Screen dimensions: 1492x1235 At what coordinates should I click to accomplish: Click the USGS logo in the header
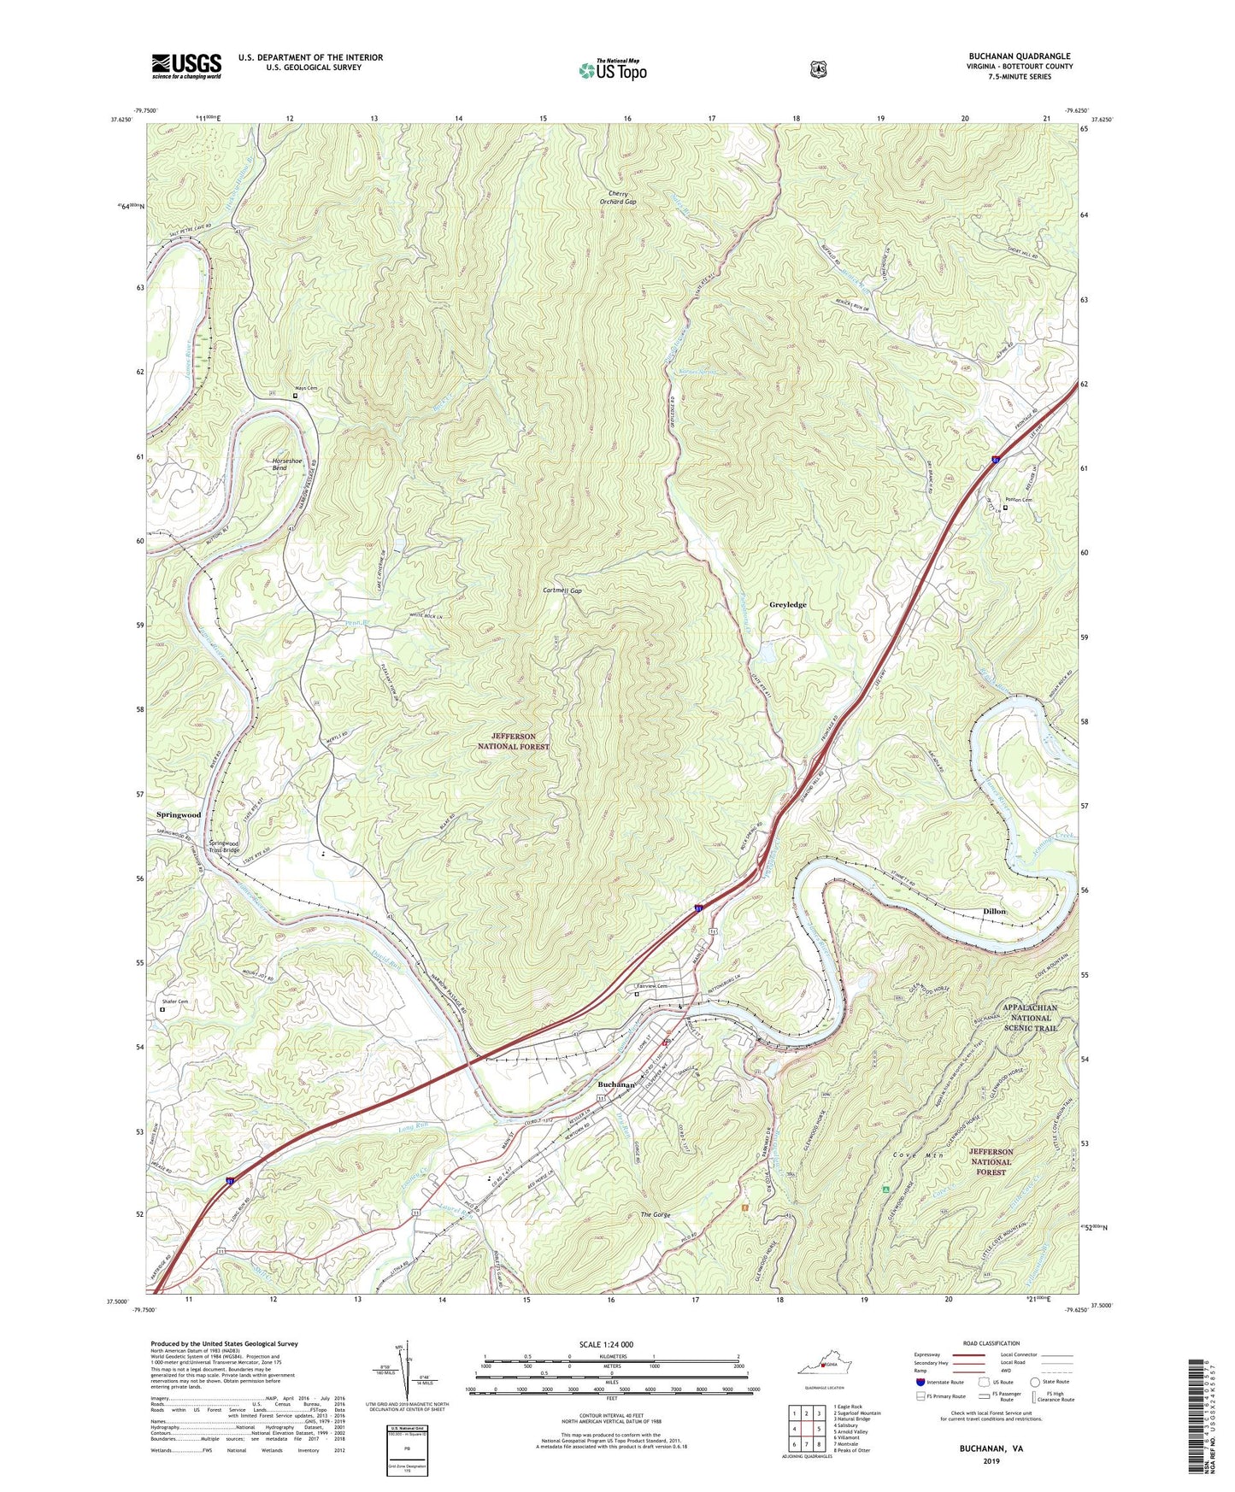186,66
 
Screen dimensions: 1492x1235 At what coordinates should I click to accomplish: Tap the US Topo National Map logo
612,70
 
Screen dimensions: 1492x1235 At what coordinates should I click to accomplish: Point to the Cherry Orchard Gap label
617,197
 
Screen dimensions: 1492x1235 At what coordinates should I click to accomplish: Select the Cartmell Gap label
562,590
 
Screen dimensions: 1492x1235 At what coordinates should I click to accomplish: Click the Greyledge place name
787,604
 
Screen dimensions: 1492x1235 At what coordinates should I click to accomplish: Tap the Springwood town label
179,814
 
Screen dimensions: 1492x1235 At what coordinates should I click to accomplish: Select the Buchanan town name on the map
615,1084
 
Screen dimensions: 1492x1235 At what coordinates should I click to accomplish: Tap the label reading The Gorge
658,1214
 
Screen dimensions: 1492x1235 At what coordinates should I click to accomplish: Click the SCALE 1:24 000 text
606,1344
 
